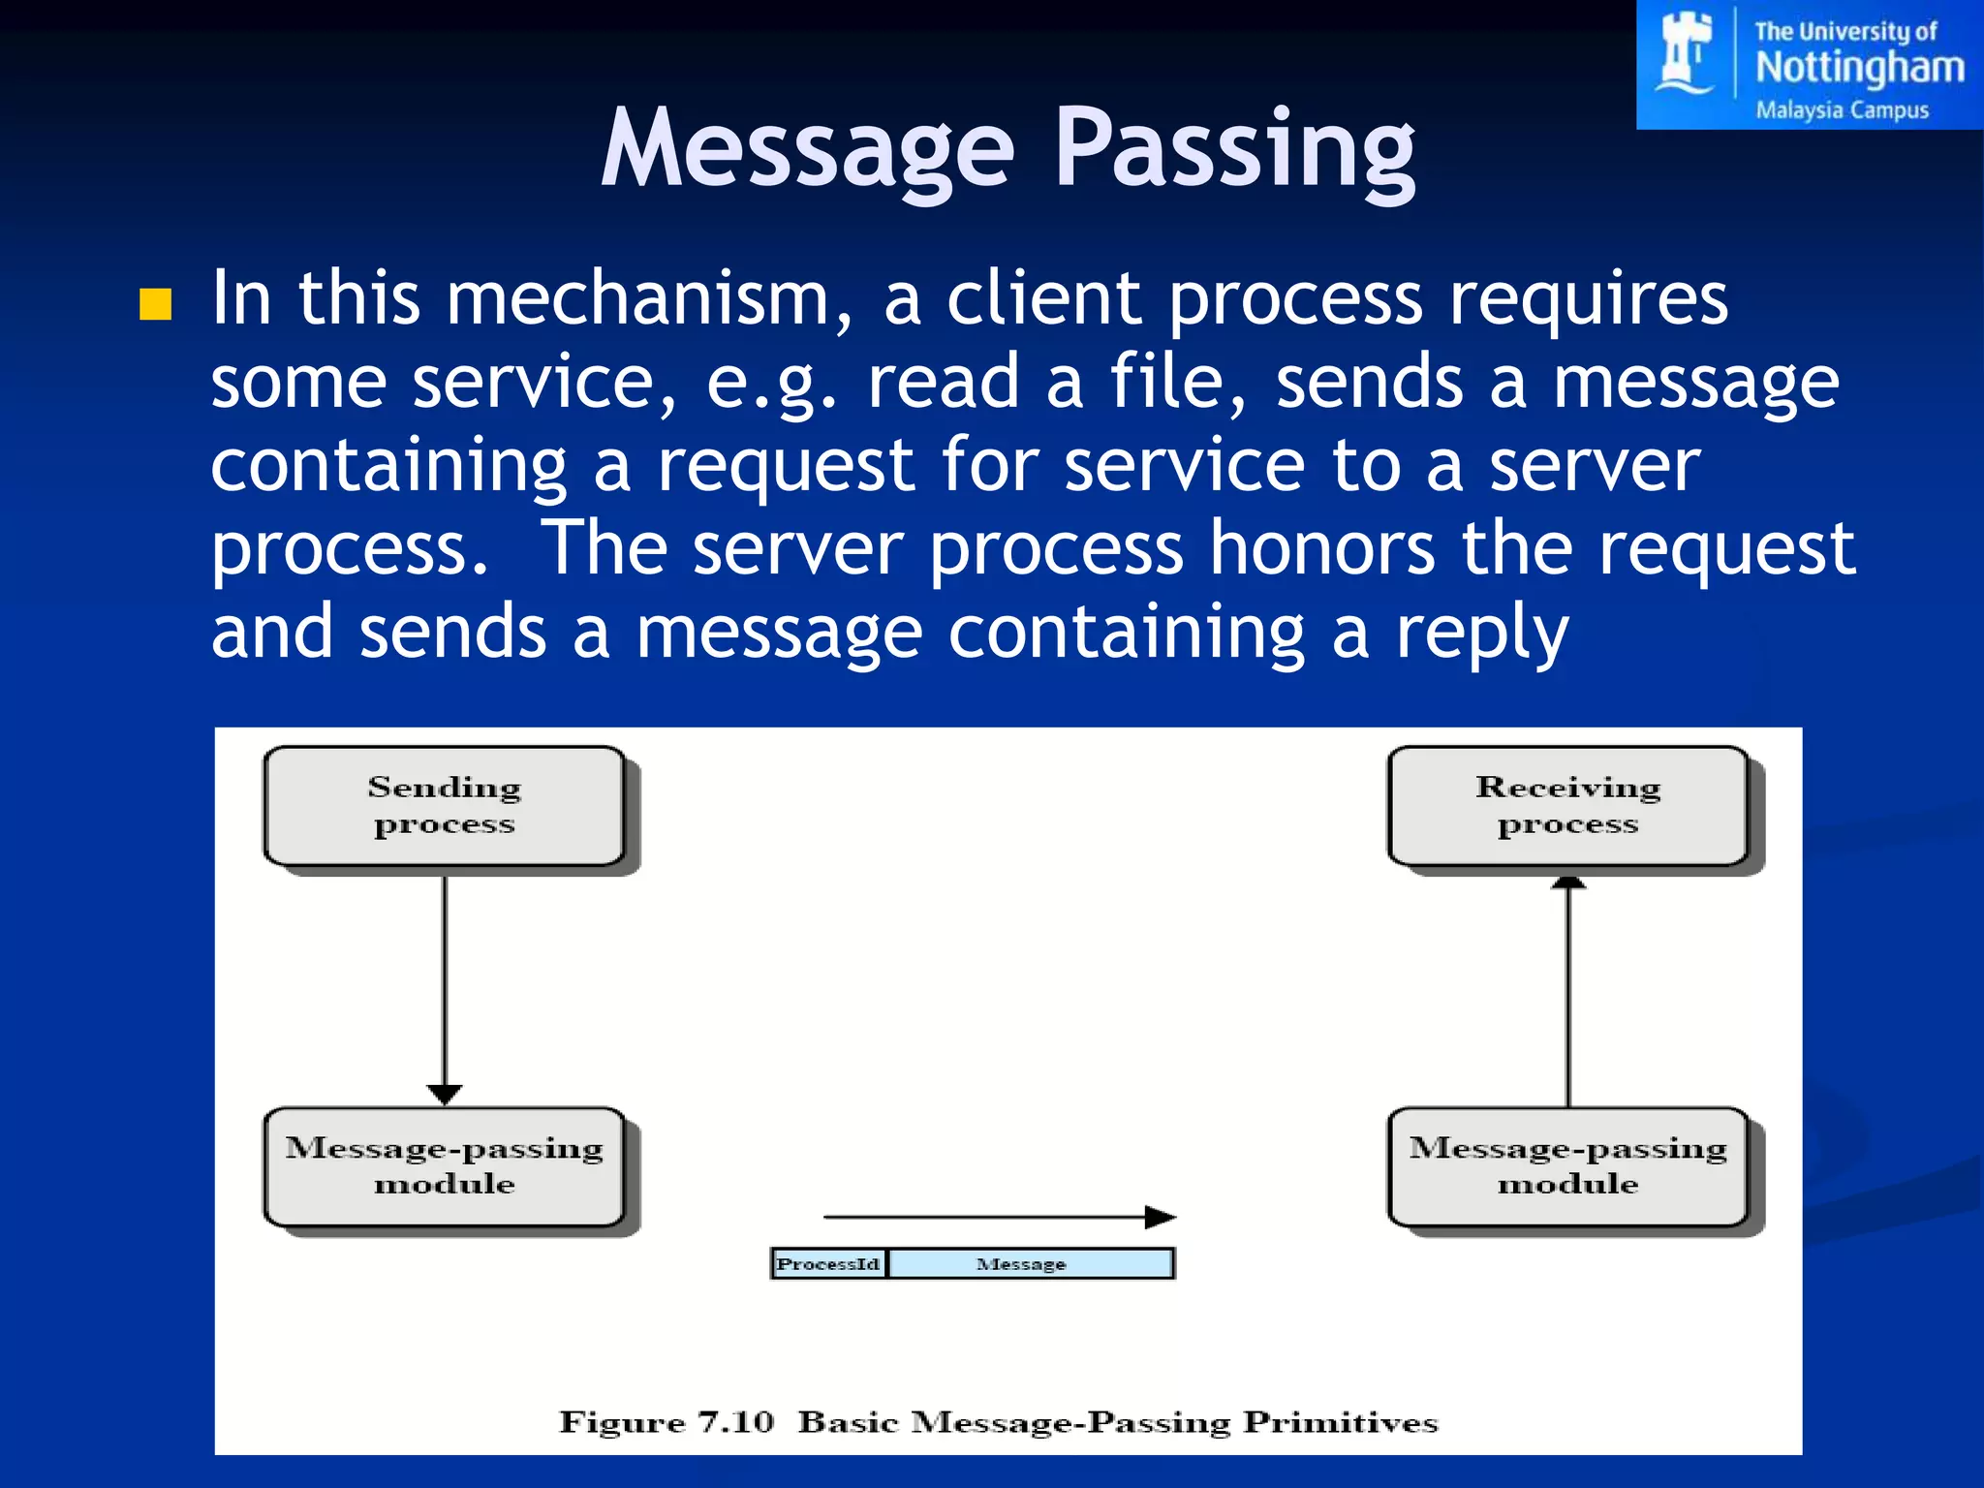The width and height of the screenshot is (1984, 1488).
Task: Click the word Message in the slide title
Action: pyautogui.click(x=807, y=150)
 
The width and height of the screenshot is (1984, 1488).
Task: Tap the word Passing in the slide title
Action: pyautogui.click(x=1234, y=150)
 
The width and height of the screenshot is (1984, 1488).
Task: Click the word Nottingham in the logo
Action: pyautogui.click(x=1859, y=68)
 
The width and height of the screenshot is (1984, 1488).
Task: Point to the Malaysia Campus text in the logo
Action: pyautogui.click(x=1842, y=109)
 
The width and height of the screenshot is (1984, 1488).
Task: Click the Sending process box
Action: pyautogui.click(x=445, y=806)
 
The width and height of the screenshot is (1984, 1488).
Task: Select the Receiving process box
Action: pyautogui.click(x=1567, y=806)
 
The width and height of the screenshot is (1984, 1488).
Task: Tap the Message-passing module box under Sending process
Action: pyautogui.click(x=445, y=1166)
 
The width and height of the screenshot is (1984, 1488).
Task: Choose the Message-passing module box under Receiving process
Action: pyautogui.click(x=1567, y=1166)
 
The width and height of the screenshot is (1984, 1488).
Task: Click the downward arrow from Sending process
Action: pyautogui.click(x=445, y=988)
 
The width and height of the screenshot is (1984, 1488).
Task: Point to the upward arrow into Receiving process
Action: pyautogui.click(x=1568, y=988)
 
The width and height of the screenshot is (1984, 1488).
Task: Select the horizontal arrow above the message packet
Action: pyautogui.click(x=998, y=1217)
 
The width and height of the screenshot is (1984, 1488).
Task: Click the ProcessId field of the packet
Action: pyautogui.click(x=828, y=1264)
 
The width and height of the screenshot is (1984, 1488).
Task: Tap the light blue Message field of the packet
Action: pyautogui.click(x=1031, y=1264)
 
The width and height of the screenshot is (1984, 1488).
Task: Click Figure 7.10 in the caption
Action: pyautogui.click(x=666, y=1422)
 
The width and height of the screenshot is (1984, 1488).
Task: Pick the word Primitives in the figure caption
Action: pyautogui.click(x=1340, y=1422)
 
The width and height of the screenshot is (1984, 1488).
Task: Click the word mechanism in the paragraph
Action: pyautogui.click(x=636, y=298)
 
